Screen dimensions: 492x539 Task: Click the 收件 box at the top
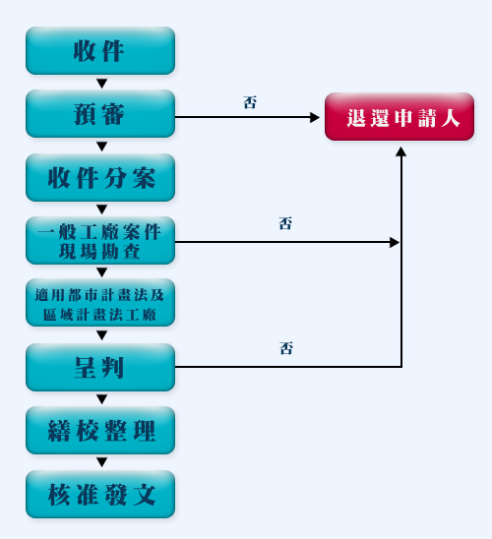click(x=100, y=50)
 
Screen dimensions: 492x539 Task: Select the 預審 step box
click(x=100, y=114)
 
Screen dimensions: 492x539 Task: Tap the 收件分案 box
click(x=100, y=177)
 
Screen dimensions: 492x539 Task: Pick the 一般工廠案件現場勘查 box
click(x=100, y=241)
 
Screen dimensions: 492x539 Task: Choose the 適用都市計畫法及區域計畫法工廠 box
click(x=100, y=303)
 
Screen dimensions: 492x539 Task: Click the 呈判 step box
click(x=100, y=367)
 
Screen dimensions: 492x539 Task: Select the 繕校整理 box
click(x=100, y=431)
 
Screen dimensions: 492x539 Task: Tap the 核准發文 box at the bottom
click(x=100, y=495)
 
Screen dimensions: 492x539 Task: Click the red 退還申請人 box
click(x=400, y=116)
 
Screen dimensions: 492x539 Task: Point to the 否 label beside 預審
click(x=250, y=102)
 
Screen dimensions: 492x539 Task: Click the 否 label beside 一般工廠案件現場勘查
click(x=285, y=223)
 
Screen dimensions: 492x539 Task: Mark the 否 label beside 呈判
click(x=286, y=348)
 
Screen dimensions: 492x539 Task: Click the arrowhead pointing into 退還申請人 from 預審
click(x=315, y=117)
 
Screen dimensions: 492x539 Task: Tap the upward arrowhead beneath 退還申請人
click(x=400, y=151)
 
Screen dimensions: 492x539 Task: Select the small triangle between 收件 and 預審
click(x=101, y=84)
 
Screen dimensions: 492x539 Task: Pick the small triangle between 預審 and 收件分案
click(x=101, y=147)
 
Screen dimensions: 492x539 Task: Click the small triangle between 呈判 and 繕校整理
click(x=101, y=399)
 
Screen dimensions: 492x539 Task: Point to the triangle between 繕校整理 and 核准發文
click(x=101, y=462)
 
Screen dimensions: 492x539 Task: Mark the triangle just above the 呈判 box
click(x=101, y=335)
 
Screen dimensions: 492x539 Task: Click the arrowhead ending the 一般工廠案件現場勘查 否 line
click(x=395, y=242)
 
